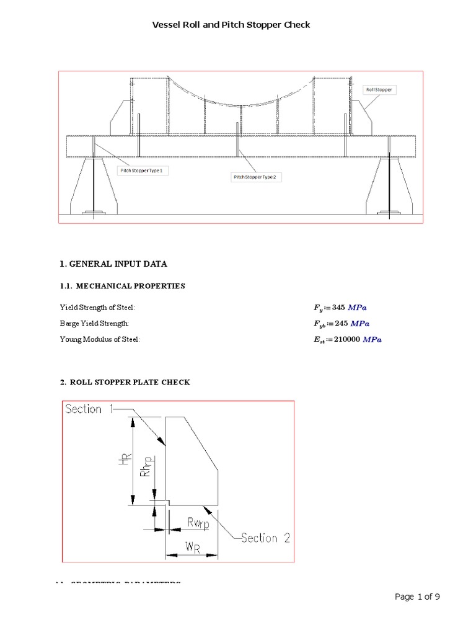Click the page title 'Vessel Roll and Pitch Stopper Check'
coord(231,25)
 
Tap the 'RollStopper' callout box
coord(379,90)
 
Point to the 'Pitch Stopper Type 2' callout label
coord(257,177)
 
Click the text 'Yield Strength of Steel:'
coord(97,308)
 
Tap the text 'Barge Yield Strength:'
coord(94,324)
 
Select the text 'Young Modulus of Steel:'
coord(99,340)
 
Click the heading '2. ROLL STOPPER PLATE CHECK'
coord(125,383)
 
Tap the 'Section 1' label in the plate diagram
coord(84,409)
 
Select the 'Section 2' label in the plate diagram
coord(265,538)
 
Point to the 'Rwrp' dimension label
coord(198,524)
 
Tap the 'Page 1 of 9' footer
coord(417,597)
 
